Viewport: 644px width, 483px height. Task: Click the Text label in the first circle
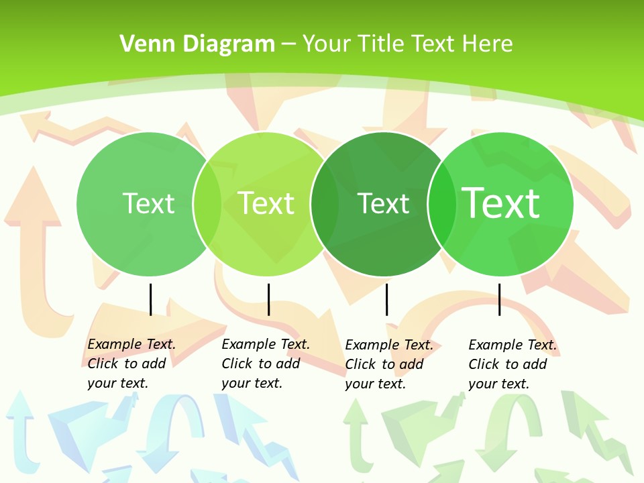tap(148, 203)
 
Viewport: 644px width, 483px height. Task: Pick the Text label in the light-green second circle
tap(266, 203)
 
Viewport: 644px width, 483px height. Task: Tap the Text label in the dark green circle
tap(383, 203)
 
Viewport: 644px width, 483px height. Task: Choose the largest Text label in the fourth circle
tap(501, 203)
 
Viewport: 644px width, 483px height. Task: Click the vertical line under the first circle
tap(150, 299)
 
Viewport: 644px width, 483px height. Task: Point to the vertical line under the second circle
tap(268, 299)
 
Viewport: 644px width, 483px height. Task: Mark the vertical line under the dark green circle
tap(386, 299)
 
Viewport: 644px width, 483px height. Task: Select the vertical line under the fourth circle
tap(499, 299)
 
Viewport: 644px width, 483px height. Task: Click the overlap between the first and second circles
tap(207, 204)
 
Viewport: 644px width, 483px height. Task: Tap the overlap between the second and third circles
tap(325, 204)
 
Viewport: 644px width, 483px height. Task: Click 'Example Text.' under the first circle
tap(131, 344)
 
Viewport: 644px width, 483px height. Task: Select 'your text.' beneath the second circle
tap(252, 383)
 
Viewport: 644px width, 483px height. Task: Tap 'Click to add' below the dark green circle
tap(384, 364)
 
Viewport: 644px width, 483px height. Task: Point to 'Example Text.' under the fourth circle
tap(513, 345)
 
